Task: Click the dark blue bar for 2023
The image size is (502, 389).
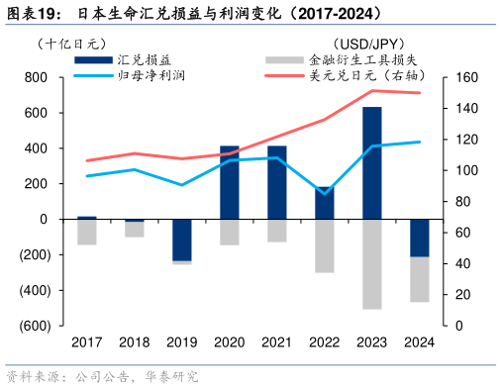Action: click(x=371, y=162)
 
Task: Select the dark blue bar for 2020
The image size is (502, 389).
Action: click(x=230, y=182)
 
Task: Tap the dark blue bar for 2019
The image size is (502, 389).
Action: click(x=181, y=240)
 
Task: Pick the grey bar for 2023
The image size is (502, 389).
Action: click(x=371, y=263)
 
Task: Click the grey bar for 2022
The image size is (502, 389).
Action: click(x=324, y=245)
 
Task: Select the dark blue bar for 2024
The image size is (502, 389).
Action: click(x=420, y=238)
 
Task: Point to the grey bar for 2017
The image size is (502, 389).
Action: click(x=87, y=232)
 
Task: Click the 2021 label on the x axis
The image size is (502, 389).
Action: click(x=277, y=341)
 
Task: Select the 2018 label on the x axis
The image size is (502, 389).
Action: click(x=135, y=341)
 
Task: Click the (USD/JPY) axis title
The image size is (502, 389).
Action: click(x=366, y=44)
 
